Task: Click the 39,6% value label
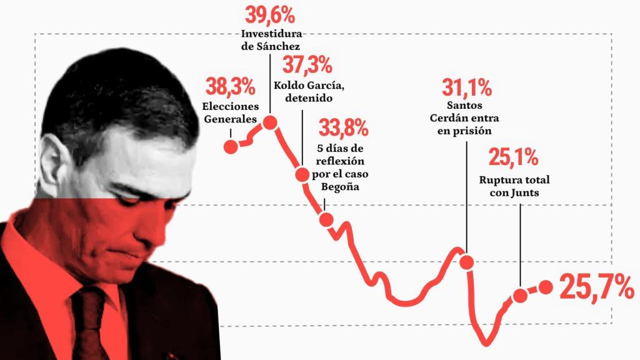point(271,14)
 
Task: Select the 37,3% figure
point(307,64)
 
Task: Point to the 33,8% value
point(343,129)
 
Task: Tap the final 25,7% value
point(596,287)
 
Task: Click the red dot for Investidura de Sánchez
point(271,122)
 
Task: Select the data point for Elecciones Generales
point(231,147)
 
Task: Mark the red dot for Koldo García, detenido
point(302,174)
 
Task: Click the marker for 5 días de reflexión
point(326,219)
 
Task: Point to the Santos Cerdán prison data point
point(467,262)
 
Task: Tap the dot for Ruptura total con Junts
point(521,296)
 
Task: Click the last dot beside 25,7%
point(546,287)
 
